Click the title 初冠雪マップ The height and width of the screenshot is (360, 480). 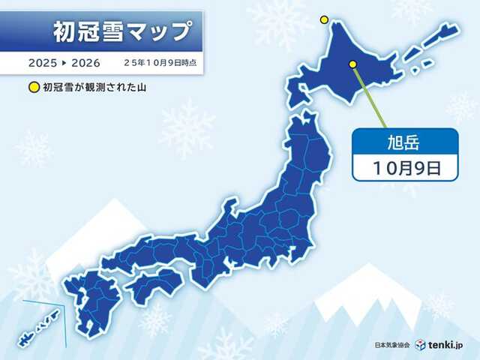point(121,31)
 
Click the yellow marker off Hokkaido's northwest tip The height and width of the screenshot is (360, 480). point(324,19)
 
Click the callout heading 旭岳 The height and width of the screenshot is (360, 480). point(405,140)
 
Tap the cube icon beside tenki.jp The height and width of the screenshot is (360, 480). point(420,345)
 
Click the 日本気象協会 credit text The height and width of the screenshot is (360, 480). point(391,346)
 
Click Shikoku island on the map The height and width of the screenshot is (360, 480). point(154,285)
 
